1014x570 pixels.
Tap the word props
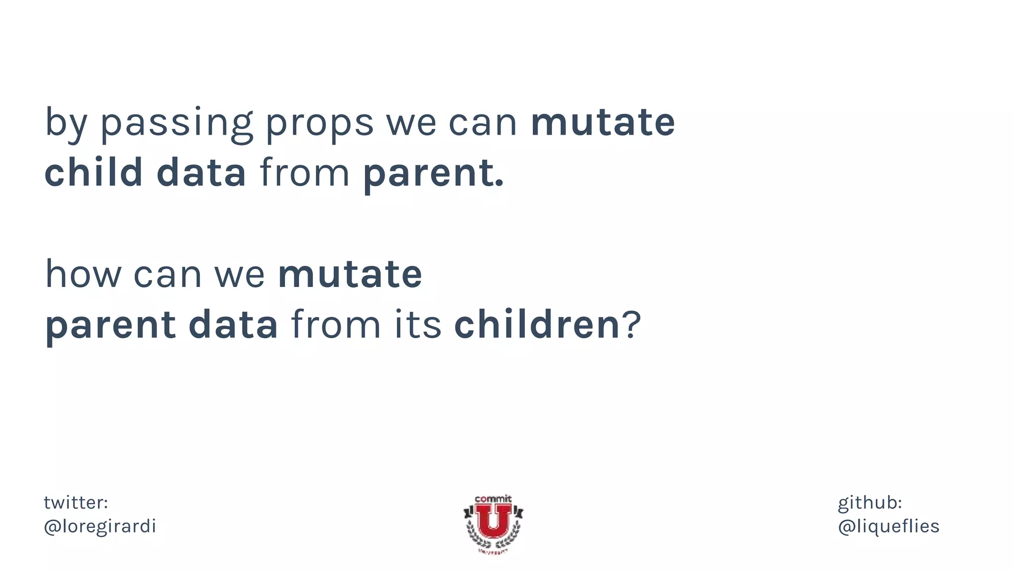(x=319, y=123)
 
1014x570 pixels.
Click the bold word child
(x=94, y=172)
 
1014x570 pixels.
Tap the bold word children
(x=537, y=325)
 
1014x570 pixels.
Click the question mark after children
(x=632, y=325)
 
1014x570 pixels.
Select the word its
(x=417, y=325)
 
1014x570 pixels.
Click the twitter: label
(x=76, y=502)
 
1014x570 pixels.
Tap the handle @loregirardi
(x=100, y=526)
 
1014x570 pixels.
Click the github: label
(x=869, y=502)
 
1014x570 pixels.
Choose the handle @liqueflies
(x=888, y=526)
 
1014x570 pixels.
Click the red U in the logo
(x=493, y=522)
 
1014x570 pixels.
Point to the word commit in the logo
(x=493, y=499)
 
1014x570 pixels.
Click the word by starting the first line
(x=66, y=123)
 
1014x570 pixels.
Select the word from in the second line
(x=304, y=172)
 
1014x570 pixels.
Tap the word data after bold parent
(x=233, y=325)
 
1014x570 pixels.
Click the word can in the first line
(x=482, y=123)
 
